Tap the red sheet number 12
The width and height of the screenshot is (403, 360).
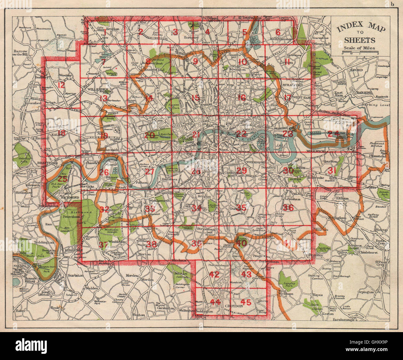click(x=61, y=85)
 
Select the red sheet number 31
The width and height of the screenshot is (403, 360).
click(x=332, y=170)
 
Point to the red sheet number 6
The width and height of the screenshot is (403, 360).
click(x=278, y=32)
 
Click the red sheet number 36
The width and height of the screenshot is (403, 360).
click(x=288, y=207)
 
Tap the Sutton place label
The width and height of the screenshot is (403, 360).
click(x=139, y=314)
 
